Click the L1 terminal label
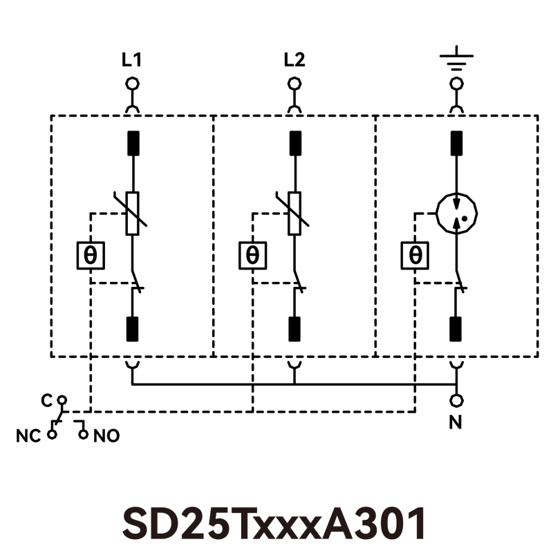click(131, 60)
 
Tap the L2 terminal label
click(294, 60)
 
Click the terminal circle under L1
click(131, 84)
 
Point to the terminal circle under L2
click(294, 84)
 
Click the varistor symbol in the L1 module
click(132, 214)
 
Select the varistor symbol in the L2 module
click(294, 214)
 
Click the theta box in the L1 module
click(91, 256)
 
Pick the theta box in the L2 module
click(253, 256)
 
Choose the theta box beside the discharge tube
click(415, 256)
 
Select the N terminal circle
click(456, 400)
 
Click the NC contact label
click(28, 436)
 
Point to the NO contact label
click(106, 436)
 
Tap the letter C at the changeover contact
click(46, 401)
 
